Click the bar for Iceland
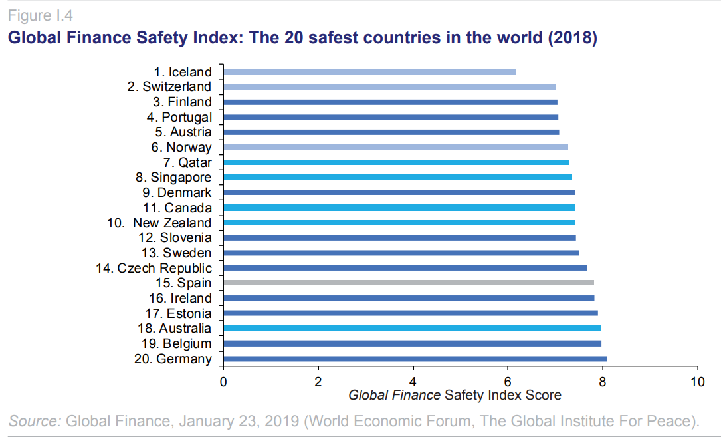point(369,72)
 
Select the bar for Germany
point(415,359)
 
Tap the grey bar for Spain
point(408,283)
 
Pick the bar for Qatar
point(396,162)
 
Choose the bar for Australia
point(411,328)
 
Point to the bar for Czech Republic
point(405,268)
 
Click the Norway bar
point(395,147)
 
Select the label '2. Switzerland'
point(169,86)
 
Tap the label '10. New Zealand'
point(159,223)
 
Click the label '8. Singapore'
point(173,178)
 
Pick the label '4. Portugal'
point(179,117)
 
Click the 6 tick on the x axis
point(508,382)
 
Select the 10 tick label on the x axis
point(697,382)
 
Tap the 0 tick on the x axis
point(223,382)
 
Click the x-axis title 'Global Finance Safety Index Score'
point(455,396)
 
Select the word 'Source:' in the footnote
point(35,420)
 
